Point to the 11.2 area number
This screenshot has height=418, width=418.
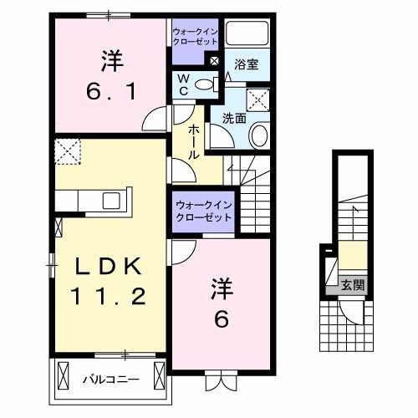point(112,296)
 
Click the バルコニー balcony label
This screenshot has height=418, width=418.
point(110,378)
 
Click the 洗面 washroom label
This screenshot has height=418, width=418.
point(234,119)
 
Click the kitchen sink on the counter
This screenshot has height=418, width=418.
point(110,201)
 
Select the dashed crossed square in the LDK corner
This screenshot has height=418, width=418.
point(66,152)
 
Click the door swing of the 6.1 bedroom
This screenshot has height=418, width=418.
point(157,121)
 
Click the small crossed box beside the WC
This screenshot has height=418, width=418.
point(214,61)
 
